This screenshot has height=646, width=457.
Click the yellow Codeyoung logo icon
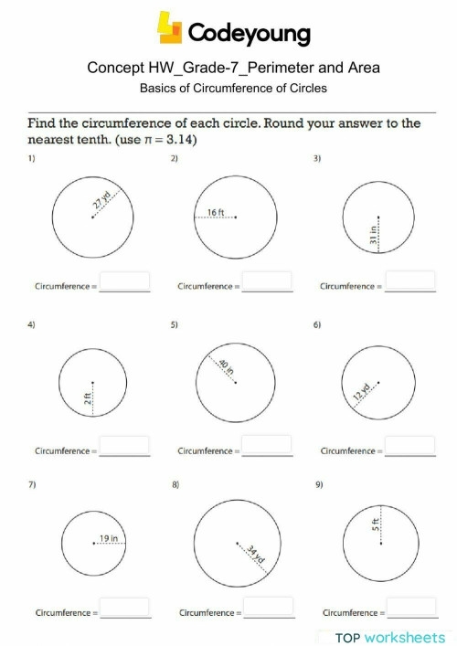coord(171,28)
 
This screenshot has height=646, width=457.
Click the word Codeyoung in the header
coord(249,35)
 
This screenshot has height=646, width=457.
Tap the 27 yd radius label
coord(101,202)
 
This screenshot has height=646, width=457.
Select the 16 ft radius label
coord(215,212)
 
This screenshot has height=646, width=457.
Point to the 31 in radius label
coord(374,235)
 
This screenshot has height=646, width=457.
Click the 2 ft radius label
coord(87,397)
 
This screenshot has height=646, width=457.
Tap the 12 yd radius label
coord(362,394)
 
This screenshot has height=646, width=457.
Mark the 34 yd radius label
coord(255,555)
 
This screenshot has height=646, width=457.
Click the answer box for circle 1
coord(124,281)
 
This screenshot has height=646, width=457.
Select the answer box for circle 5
coord(267,445)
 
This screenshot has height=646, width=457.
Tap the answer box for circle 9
coord(410,607)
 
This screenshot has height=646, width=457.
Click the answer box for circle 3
coord(410,281)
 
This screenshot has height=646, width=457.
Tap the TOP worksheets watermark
coord(390,637)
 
